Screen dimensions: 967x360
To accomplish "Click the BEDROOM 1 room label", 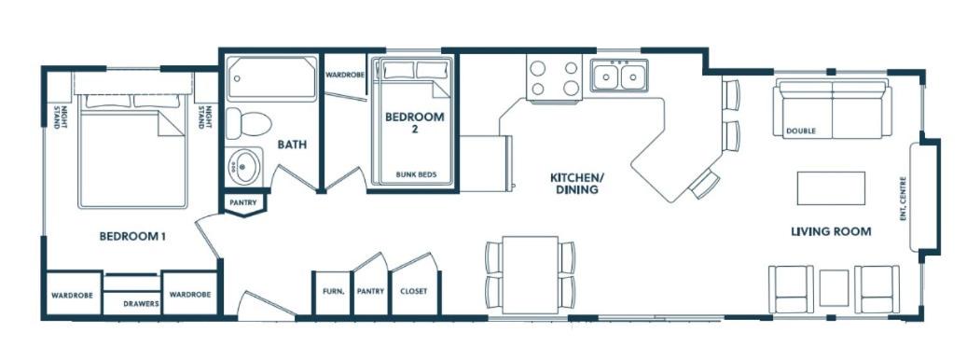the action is point(132,235).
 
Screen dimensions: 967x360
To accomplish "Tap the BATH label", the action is point(292,145).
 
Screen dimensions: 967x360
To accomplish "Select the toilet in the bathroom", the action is point(249,123).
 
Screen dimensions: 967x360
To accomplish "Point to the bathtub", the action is point(271,78).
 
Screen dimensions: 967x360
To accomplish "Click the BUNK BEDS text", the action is point(416,174).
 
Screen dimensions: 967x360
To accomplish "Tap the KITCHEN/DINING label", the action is point(576,184).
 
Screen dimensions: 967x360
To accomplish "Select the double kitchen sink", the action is point(619,76).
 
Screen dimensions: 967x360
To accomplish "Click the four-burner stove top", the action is point(555,77).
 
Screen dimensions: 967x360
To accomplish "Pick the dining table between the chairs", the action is point(531,274).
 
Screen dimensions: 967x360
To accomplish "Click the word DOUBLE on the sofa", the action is point(800,132).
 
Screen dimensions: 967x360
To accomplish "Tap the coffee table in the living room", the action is point(831,188).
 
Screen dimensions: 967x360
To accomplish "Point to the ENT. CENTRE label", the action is point(903,199).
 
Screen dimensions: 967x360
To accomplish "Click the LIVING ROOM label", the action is point(831,232).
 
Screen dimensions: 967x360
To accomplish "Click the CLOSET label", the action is point(413,292).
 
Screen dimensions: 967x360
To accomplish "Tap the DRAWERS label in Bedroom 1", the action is point(141,304).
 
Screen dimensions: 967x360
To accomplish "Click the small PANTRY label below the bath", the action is point(243,202).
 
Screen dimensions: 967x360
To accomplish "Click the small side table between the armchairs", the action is point(834,288).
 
